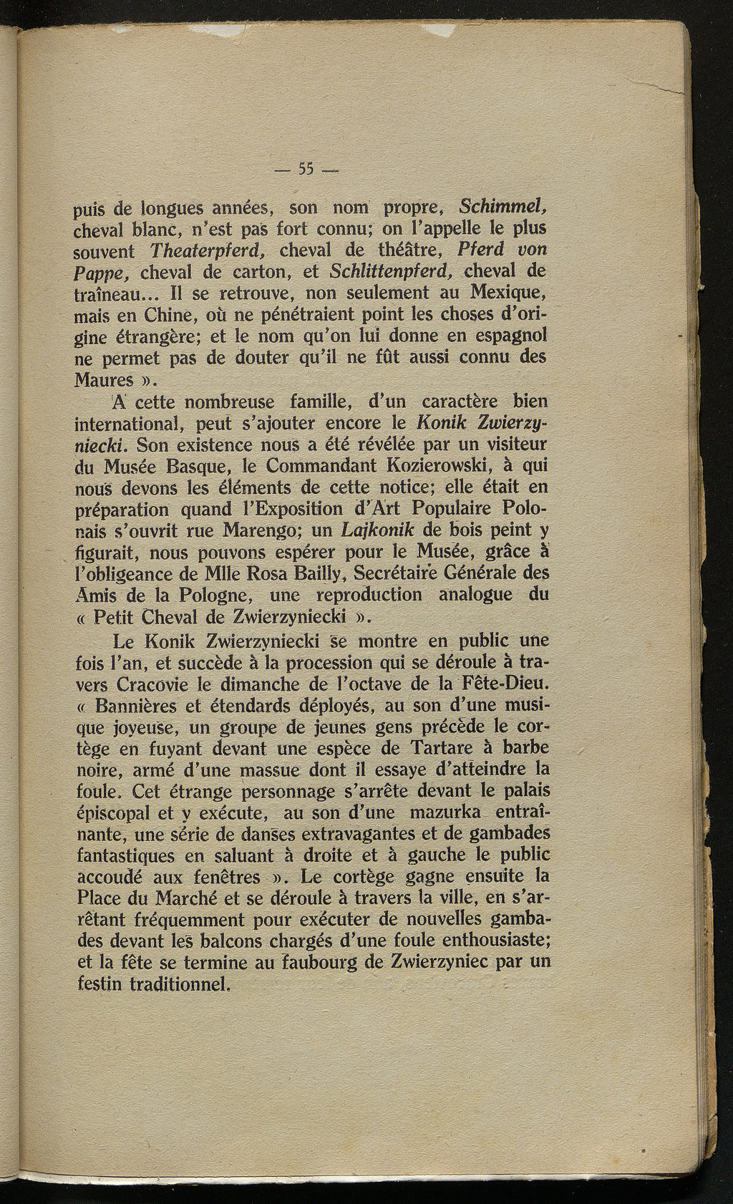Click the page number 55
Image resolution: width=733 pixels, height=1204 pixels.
(x=307, y=170)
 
